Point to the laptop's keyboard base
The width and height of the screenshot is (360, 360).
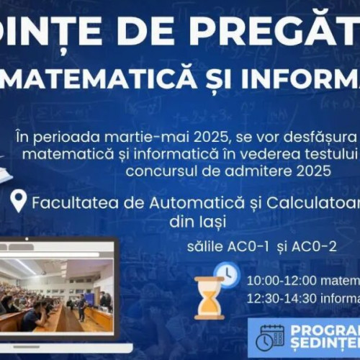click(x=61, y=348)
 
